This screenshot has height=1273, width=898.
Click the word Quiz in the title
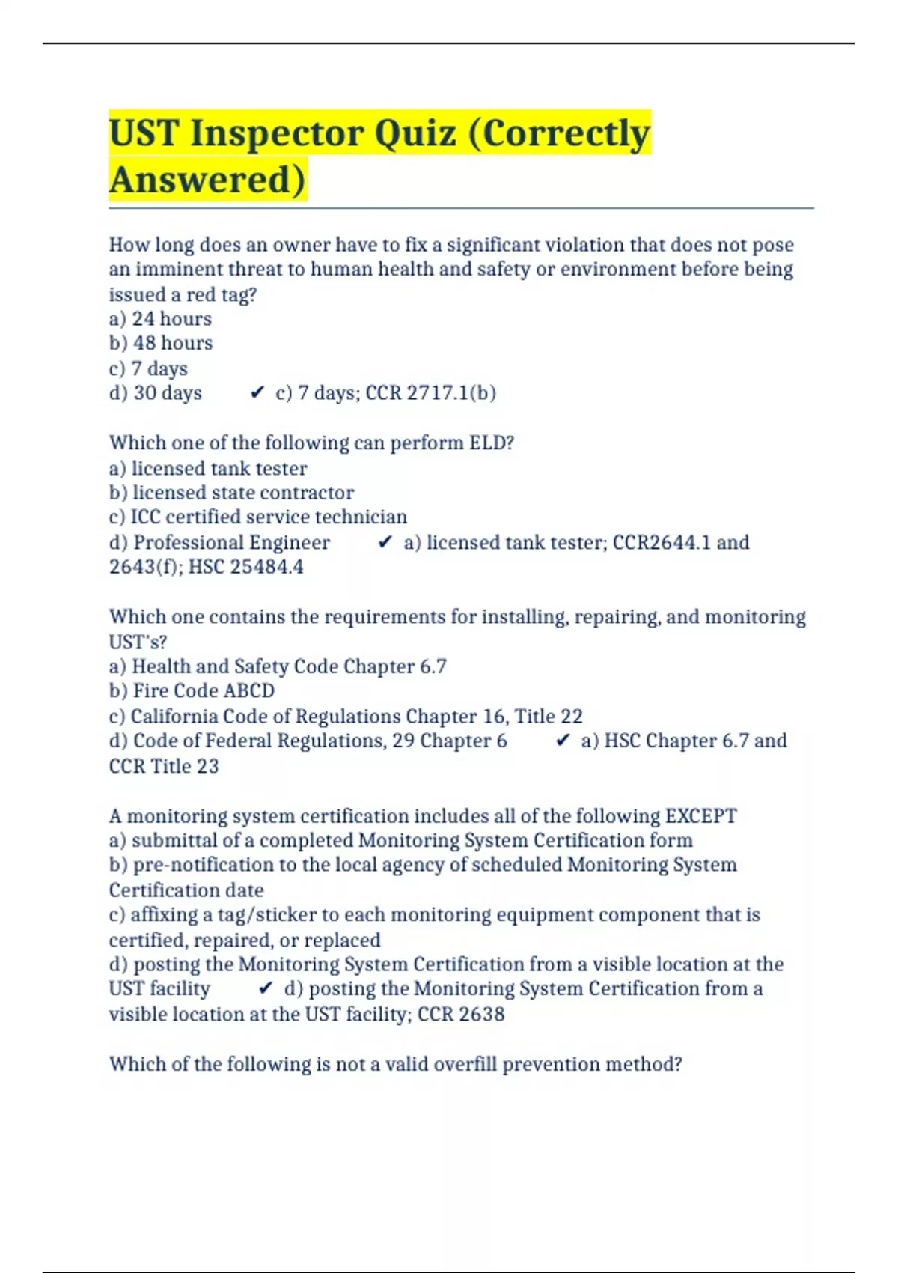click(415, 134)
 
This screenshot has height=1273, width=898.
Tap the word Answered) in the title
click(207, 180)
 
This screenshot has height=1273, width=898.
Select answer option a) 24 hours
click(160, 319)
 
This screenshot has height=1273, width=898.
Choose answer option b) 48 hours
click(161, 344)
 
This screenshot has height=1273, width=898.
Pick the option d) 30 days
click(156, 393)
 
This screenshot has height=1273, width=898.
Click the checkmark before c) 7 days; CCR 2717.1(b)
click(257, 393)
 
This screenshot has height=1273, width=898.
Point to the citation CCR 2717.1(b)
click(430, 393)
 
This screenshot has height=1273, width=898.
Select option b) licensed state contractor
click(231, 493)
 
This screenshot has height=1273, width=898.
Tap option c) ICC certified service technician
click(258, 517)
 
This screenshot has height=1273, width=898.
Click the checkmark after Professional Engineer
click(385, 543)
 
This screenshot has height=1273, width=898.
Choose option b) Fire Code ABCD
click(192, 691)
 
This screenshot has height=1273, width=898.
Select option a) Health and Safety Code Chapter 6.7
click(278, 666)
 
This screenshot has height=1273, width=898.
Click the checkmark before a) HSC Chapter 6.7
click(563, 741)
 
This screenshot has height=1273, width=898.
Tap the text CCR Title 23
click(164, 766)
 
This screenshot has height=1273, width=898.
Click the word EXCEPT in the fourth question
click(700, 816)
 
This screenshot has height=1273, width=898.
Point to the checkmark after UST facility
click(266, 989)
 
